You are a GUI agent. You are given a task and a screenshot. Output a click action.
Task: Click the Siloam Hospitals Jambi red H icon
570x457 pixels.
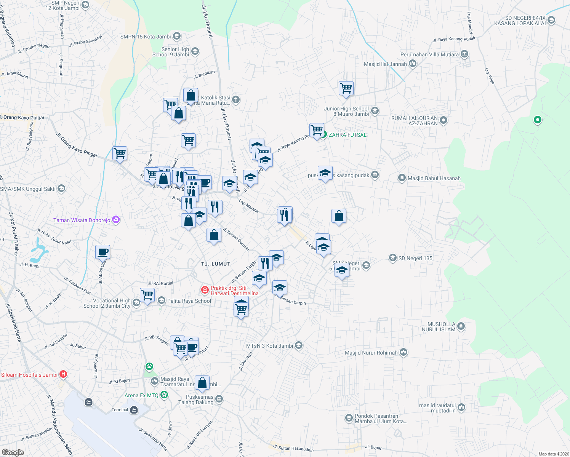[x=63, y=375]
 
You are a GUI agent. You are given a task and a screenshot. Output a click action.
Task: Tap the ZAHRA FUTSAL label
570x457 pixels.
[x=347, y=135]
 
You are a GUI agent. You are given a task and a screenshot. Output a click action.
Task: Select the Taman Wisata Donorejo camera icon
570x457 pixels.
[x=116, y=220]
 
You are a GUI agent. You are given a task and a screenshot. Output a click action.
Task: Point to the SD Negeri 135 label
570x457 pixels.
[x=415, y=258]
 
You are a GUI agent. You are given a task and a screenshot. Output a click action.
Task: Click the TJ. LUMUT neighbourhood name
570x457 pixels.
[x=216, y=264]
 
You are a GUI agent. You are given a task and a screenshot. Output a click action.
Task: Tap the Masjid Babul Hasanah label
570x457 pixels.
[x=434, y=178]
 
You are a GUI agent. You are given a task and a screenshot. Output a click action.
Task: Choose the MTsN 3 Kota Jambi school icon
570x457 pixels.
[x=299, y=346]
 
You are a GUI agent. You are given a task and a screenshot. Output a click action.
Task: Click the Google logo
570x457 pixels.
[x=13, y=452]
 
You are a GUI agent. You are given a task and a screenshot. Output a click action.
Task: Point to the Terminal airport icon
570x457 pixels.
[x=134, y=410]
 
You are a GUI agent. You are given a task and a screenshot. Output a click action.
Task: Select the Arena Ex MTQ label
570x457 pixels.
[x=141, y=395]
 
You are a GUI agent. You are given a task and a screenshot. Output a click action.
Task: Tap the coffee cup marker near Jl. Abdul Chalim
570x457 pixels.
[x=102, y=252]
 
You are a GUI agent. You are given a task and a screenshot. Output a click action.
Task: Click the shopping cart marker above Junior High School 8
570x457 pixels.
[x=346, y=88]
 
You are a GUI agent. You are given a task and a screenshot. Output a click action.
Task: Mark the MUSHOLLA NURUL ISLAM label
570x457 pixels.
[x=439, y=327]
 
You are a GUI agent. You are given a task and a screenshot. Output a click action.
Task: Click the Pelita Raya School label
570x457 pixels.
[x=189, y=301]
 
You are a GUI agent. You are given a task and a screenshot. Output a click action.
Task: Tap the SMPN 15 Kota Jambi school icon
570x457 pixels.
[x=176, y=37]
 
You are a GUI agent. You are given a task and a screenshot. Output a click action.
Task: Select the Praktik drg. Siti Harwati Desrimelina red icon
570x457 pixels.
[x=205, y=291]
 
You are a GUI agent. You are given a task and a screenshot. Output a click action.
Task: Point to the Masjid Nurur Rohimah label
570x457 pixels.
[x=371, y=353]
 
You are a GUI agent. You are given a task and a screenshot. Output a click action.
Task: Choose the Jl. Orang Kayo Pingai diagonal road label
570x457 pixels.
[x=77, y=145]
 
